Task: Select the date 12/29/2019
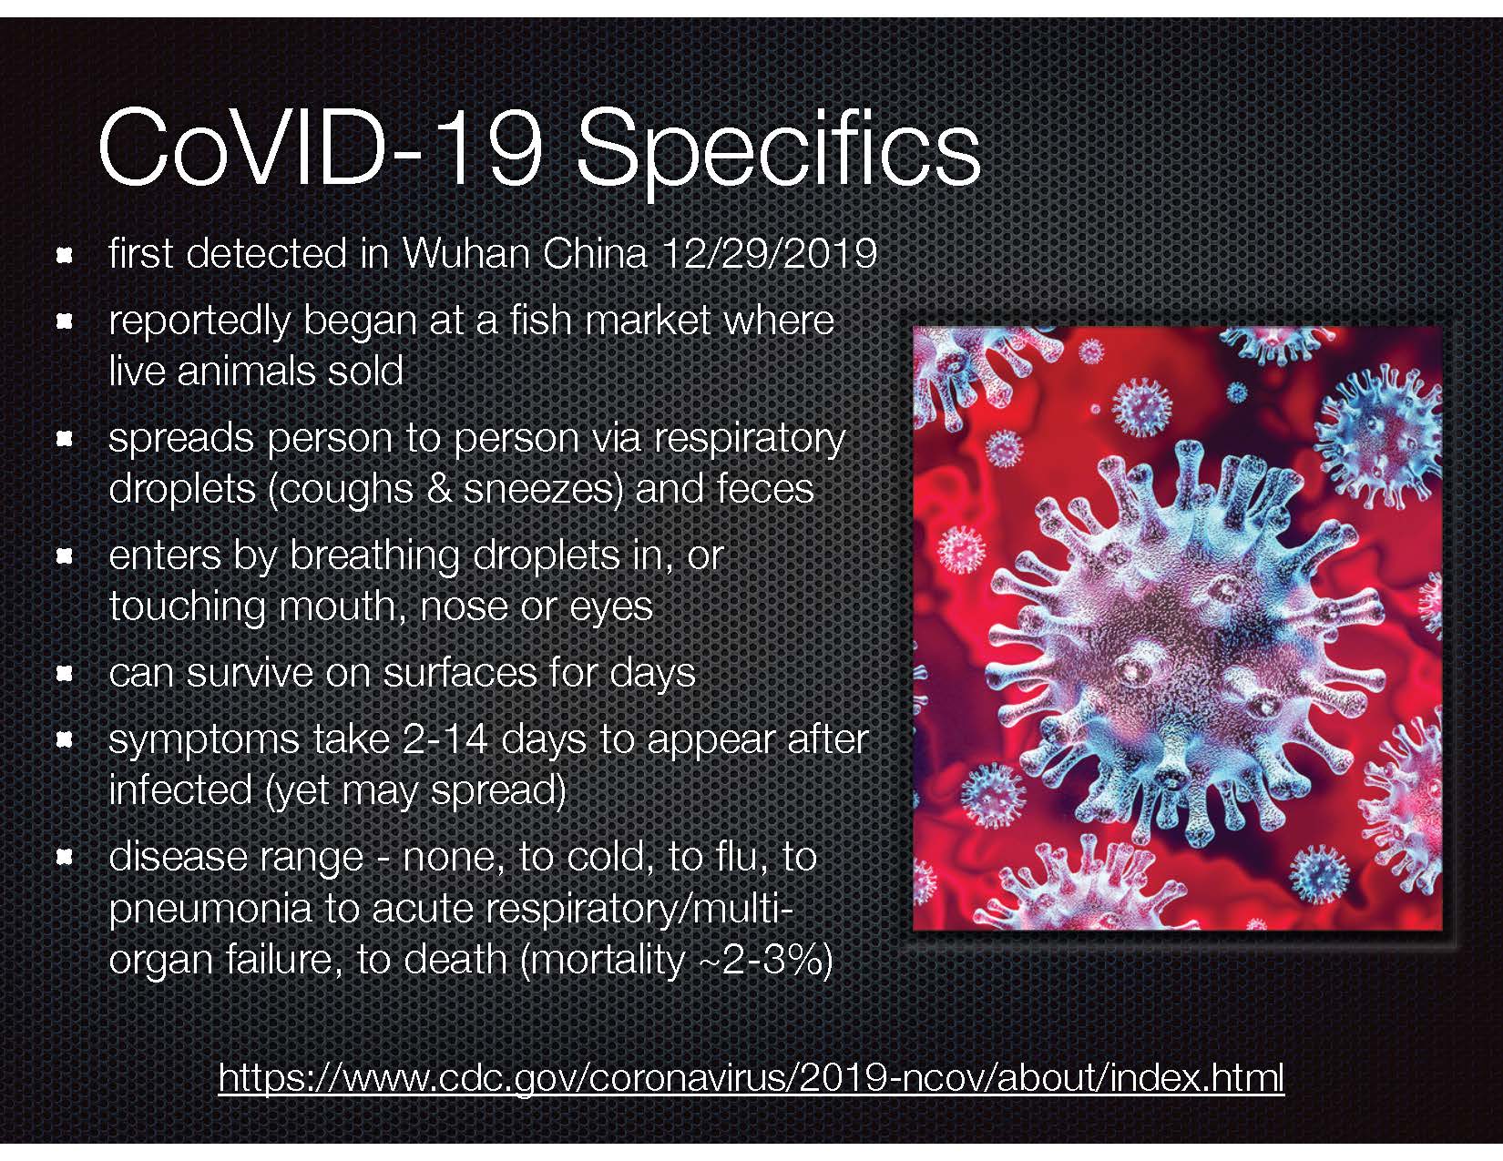click(x=769, y=254)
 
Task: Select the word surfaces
click(x=458, y=673)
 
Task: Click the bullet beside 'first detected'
click(x=65, y=256)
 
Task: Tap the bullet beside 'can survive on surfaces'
click(x=65, y=674)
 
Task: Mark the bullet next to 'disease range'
click(x=65, y=858)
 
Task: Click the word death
click(x=455, y=960)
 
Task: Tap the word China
click(x=595, y=254)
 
